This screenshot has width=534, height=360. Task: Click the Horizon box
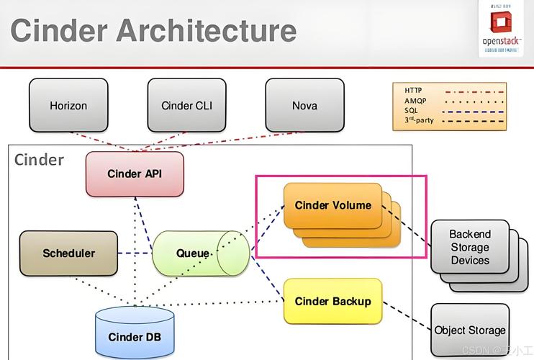point(68,105)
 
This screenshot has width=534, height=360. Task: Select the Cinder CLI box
point(186,105)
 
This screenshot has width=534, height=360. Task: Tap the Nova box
point(304,105)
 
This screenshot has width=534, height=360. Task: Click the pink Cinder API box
point(135,174)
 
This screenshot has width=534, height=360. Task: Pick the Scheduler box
point(68,253)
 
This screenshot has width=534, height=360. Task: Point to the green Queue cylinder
point(194,253)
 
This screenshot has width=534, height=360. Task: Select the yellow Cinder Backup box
point(332,301)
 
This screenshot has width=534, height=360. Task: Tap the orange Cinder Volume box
point(332,205)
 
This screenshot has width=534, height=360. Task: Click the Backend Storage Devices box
point(470,247)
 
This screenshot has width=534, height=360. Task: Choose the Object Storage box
point(470,330)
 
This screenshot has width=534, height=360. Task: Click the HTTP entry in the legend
point(414,91)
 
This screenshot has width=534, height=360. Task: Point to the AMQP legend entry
point(416,101)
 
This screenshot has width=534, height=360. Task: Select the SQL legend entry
point(411,110)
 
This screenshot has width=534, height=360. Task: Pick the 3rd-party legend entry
point(419,120)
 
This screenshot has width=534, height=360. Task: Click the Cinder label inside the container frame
point(39,159)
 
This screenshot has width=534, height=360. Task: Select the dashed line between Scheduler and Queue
point(135,253)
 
